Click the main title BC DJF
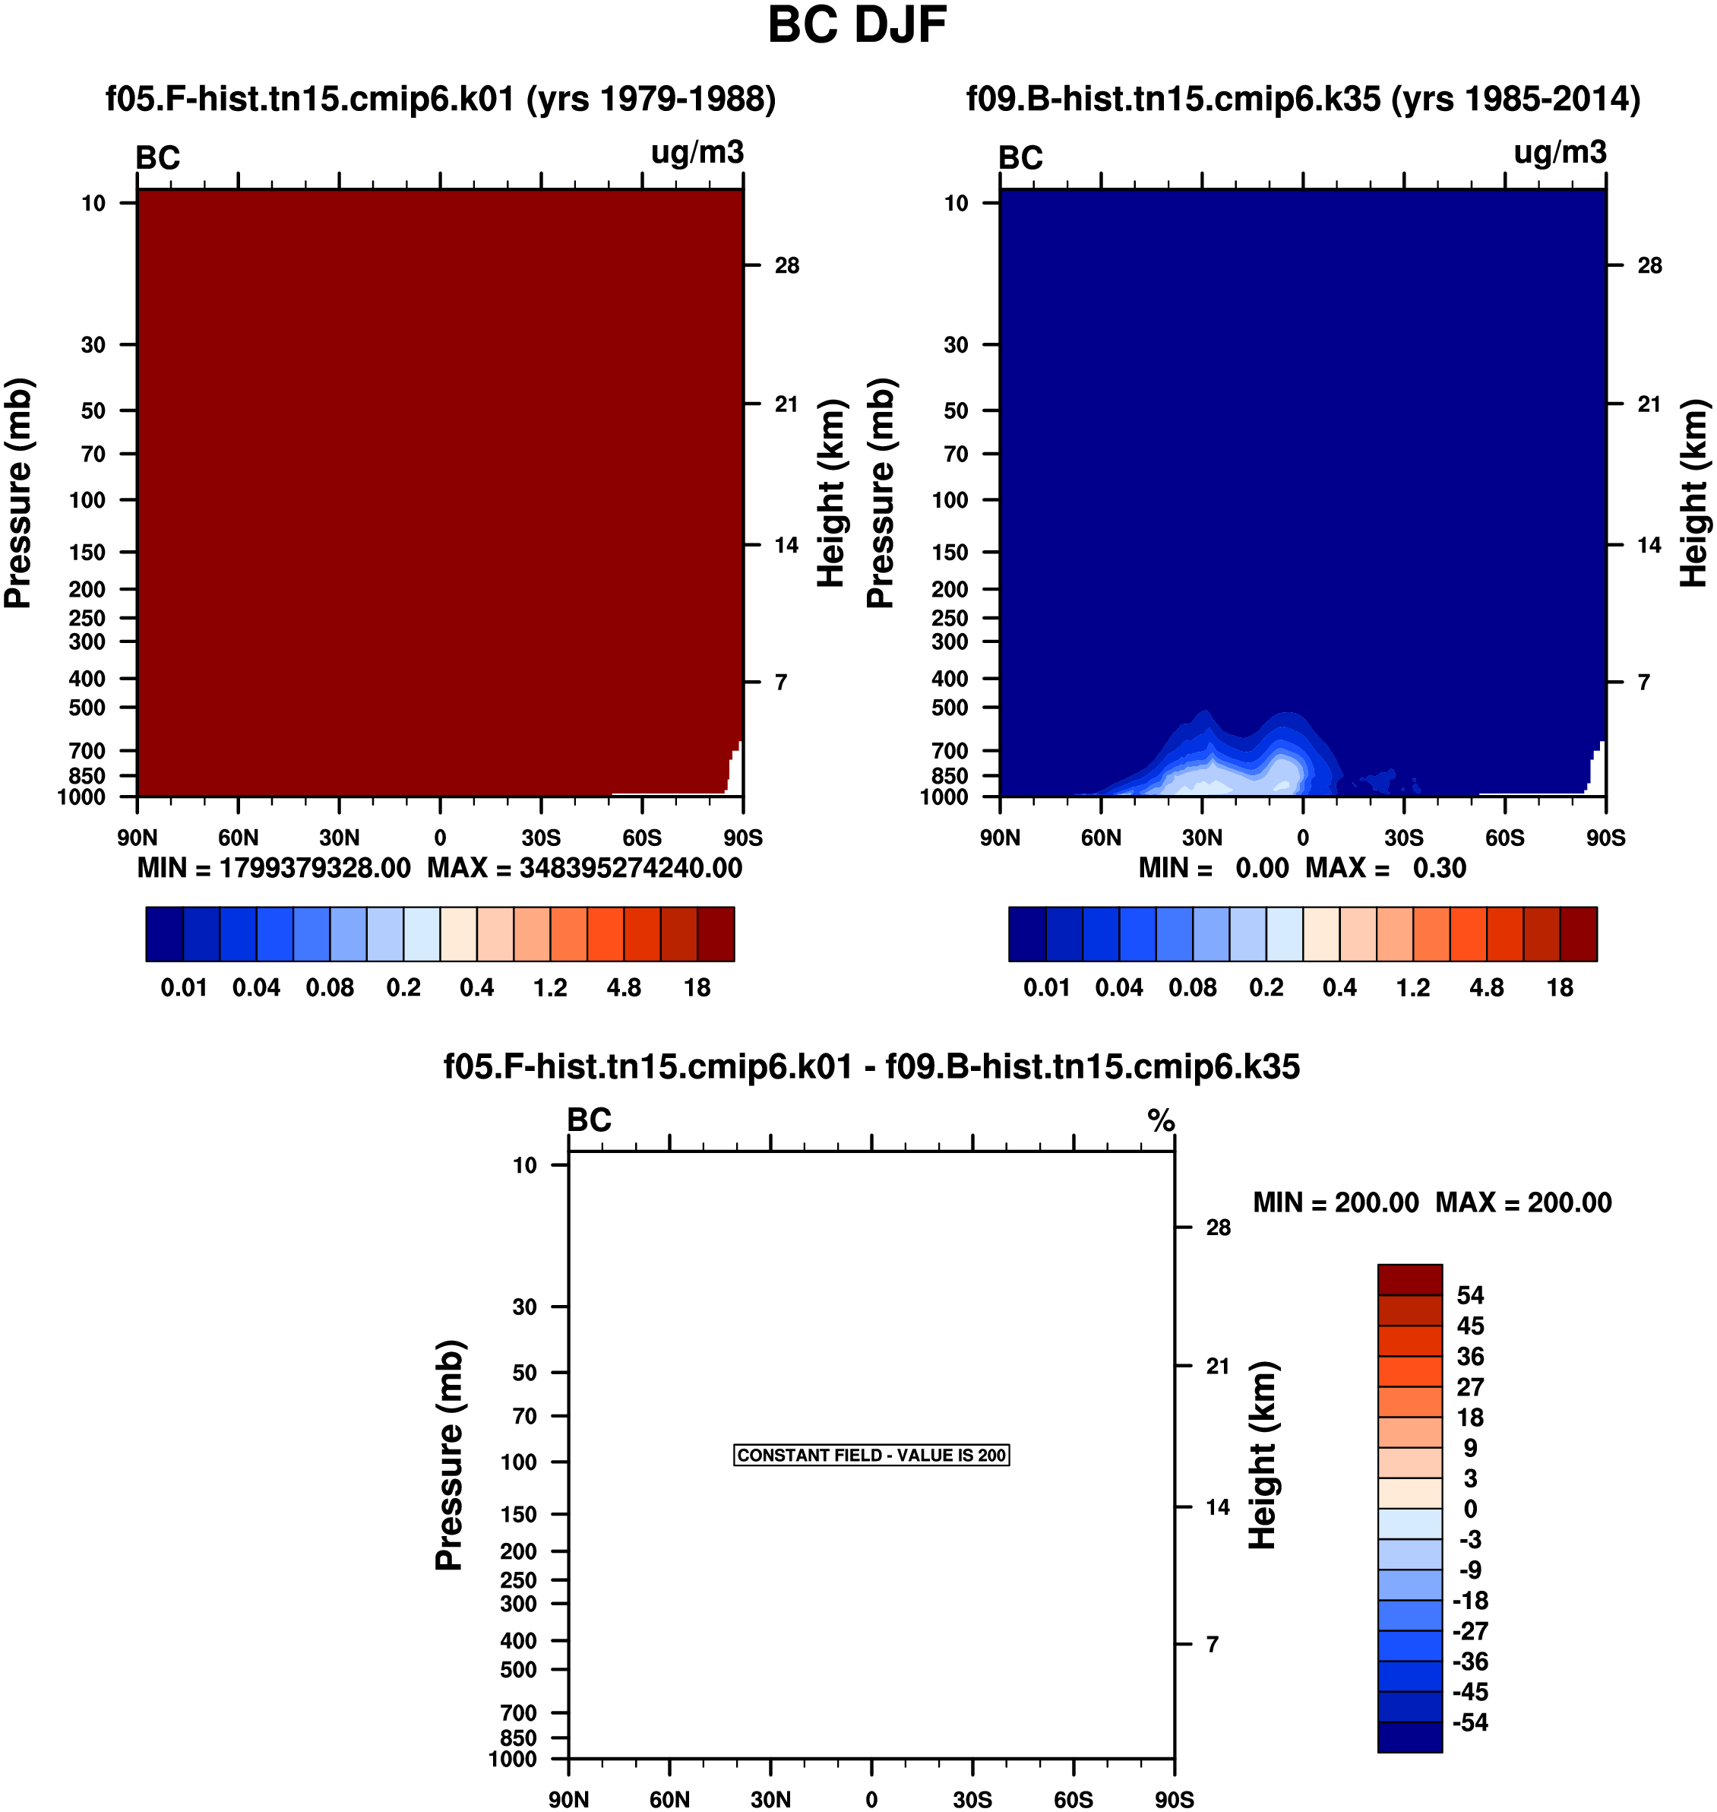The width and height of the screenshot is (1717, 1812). pos(857,25)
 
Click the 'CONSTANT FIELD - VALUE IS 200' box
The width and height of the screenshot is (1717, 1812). pos(871,1455)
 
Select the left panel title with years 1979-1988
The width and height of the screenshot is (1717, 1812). pos(440,99)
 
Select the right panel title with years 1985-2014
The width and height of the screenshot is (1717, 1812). pos(1303,99)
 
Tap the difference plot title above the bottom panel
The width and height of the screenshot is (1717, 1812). pos(871,1066)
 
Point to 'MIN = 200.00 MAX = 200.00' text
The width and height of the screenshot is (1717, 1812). pos(1432,1202)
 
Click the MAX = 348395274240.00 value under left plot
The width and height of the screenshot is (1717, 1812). pos(585,868)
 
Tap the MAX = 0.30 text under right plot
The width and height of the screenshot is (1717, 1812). pos(1386,868)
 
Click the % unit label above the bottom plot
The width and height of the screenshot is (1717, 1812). pos(1162,1120)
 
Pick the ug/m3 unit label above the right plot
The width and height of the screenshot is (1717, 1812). pos(1560,152)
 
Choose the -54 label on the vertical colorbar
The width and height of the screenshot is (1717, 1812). pos(1470,1722)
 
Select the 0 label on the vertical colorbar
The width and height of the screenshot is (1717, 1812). pos(1470,1509)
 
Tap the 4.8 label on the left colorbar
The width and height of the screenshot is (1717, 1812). pos(623,987)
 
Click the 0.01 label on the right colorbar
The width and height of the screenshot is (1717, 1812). pos(1046,987)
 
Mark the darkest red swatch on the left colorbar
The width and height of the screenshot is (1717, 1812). pos(716,934)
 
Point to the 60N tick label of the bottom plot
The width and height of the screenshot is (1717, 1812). pos(669,1799)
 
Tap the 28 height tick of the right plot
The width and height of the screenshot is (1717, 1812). pos(1649,265)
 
